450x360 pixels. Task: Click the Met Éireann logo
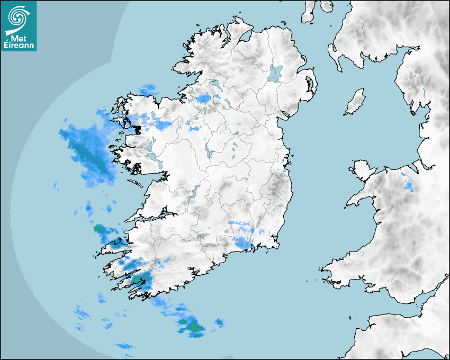pyautogui.click(x=19, y=26)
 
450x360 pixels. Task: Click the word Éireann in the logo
pyautogui.click(x=19, y=44)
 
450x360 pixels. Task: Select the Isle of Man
pyautogui.click(x=355, y=102)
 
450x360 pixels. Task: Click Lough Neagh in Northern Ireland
pyautogui.click(x=276, y=73)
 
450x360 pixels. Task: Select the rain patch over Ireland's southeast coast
pyautogui.click(x=242, y=242)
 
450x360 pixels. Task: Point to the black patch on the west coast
pyautogui.click(x=137, y=129)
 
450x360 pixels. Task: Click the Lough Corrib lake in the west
pyautogui.click(x=150, y=146)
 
